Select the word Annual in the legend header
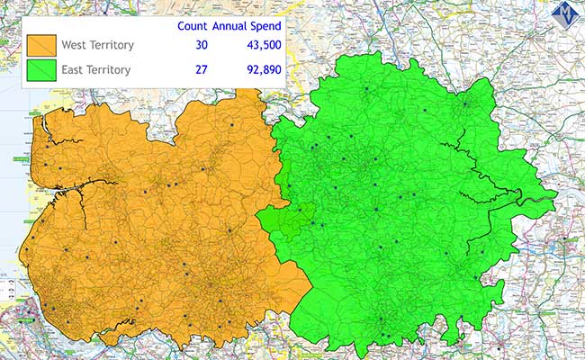point(228,26)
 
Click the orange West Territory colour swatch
point(42,45)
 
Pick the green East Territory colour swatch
point(42,69)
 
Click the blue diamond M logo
point(565,14)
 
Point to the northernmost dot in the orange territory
point(231,124)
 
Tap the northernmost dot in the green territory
point(366,88)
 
